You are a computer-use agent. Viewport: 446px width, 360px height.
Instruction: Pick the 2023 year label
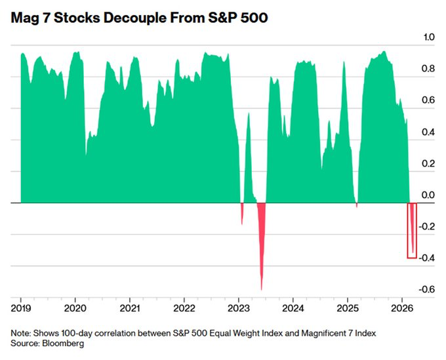pos(238,308)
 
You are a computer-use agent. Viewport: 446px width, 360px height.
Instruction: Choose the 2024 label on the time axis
pos(293,308)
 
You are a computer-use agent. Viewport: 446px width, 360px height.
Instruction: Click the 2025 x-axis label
pos(347,308)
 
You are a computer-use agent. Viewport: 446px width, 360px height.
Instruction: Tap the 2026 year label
pos(401,308)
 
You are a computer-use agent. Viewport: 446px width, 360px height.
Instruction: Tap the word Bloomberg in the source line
pos(65,343)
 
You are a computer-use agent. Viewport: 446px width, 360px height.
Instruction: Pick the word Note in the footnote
pos(20,333)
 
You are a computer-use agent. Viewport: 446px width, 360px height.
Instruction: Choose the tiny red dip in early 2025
pos(357,205)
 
